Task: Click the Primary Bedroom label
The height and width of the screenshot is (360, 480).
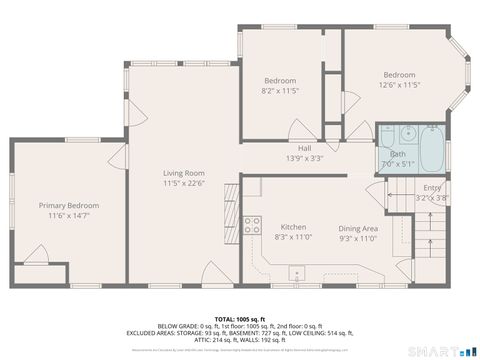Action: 69,205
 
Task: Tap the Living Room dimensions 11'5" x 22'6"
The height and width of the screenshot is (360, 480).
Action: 184,183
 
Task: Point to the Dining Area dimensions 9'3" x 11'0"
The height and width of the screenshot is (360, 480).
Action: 357,238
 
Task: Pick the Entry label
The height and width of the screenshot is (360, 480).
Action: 431,187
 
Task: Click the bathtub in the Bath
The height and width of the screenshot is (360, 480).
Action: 434,149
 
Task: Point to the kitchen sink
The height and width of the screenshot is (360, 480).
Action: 297,272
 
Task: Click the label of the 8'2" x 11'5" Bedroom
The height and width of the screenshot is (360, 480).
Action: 279,80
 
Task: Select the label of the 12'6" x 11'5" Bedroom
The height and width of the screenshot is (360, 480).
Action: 399,75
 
